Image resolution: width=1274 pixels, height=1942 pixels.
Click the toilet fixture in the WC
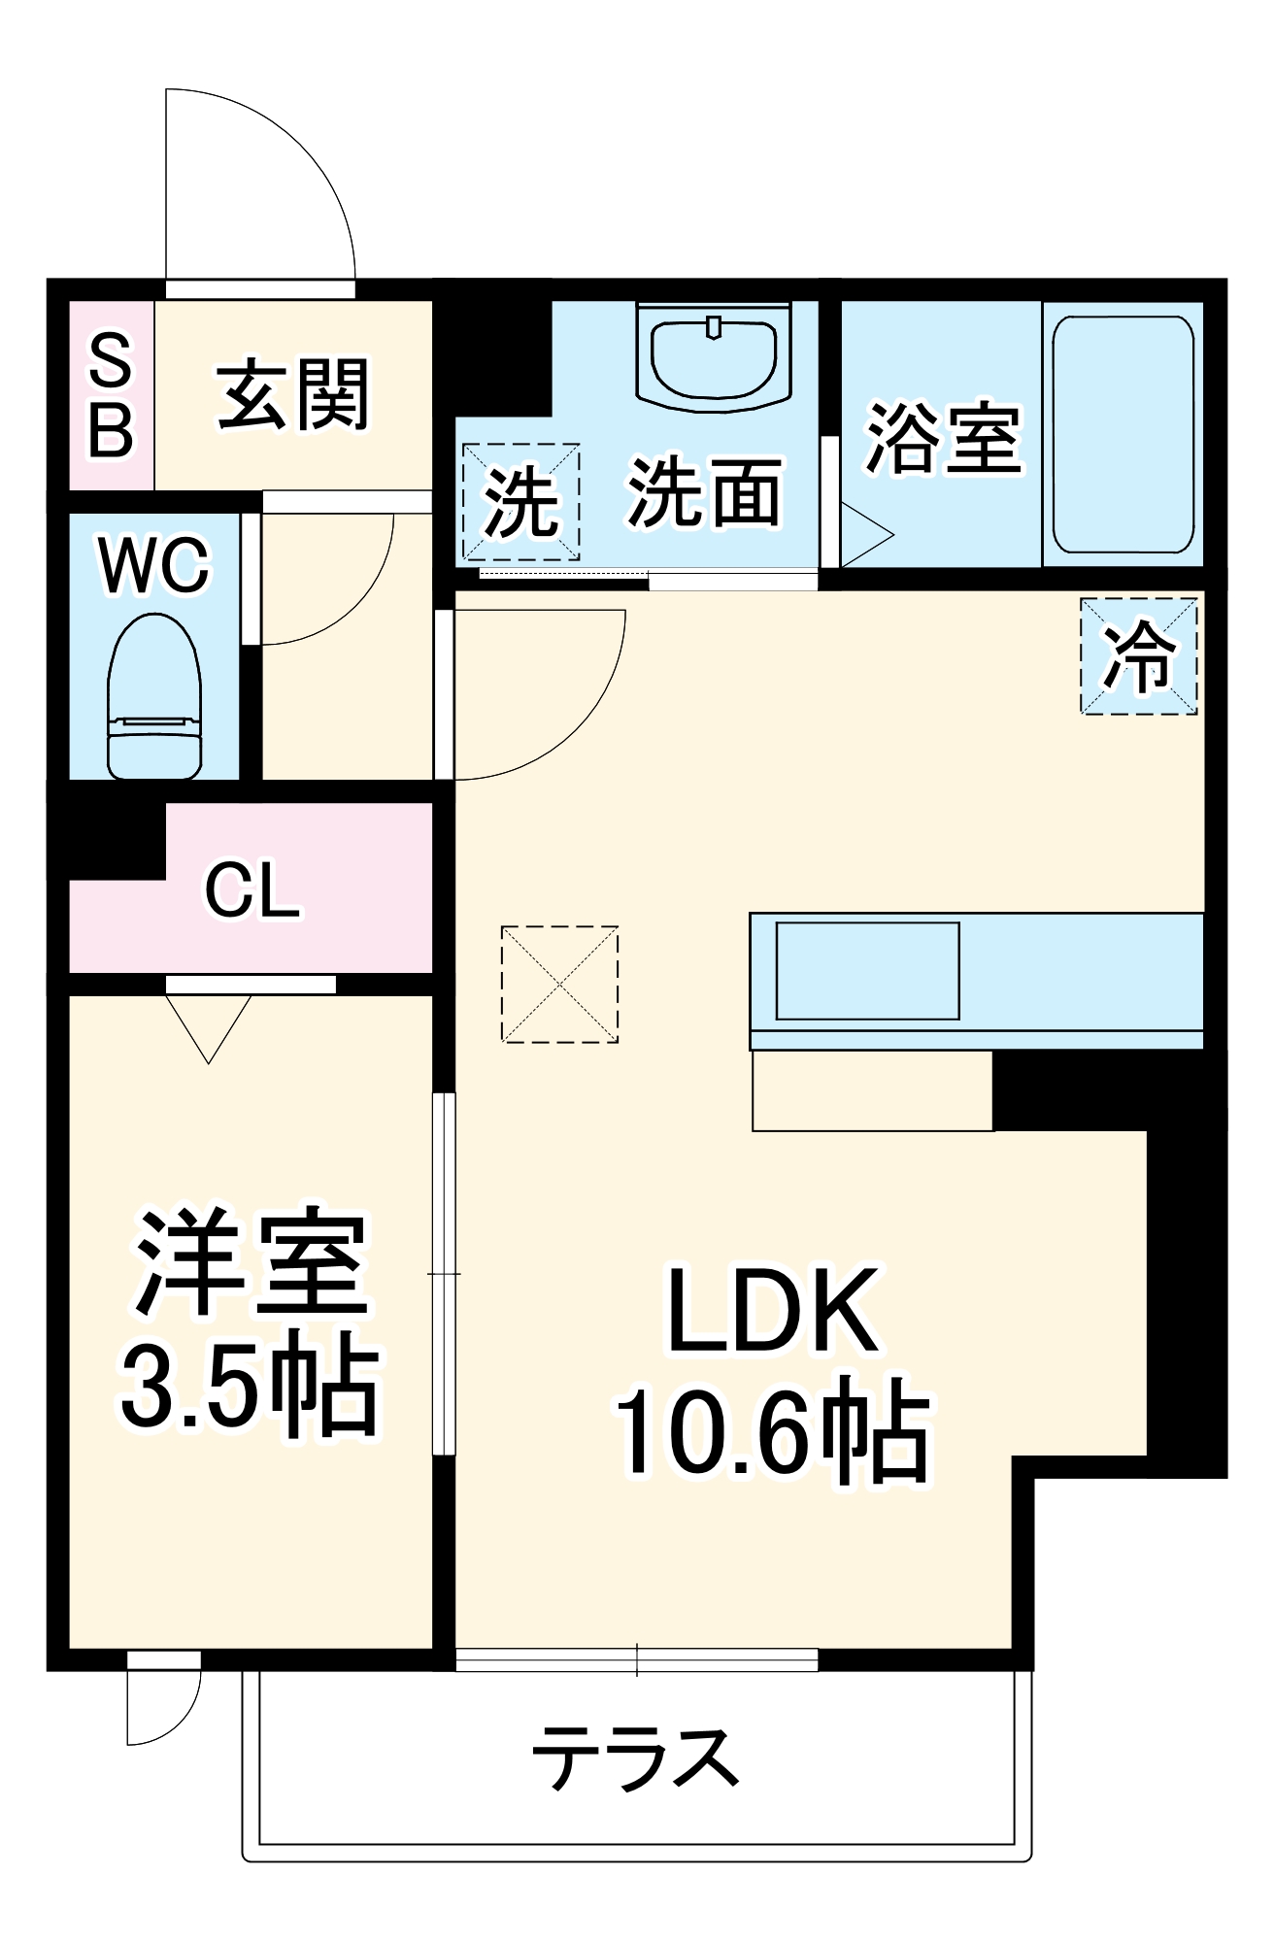(154, 697)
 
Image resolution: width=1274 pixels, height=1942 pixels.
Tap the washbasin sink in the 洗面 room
(714, 354)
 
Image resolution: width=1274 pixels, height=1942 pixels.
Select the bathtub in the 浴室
(1123, 433)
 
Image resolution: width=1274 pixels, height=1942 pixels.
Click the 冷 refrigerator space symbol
(1139, 656)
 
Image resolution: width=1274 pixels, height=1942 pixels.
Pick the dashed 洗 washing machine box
(521, 502)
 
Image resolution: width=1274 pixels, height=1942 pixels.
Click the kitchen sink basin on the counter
(867, 970)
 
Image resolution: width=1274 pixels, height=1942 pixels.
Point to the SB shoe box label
(111, 395)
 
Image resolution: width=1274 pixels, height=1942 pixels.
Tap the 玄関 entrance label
(293, 395)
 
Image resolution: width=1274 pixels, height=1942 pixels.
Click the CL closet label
(251, 889)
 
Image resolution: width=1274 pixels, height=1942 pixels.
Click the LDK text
(774, 1311)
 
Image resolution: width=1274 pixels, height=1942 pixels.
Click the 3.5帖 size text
(250, 1390)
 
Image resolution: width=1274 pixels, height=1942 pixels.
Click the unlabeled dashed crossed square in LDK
(560, 985)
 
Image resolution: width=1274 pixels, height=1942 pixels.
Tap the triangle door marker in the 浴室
(865, 534)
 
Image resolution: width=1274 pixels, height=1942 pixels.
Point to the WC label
(153, 565)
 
